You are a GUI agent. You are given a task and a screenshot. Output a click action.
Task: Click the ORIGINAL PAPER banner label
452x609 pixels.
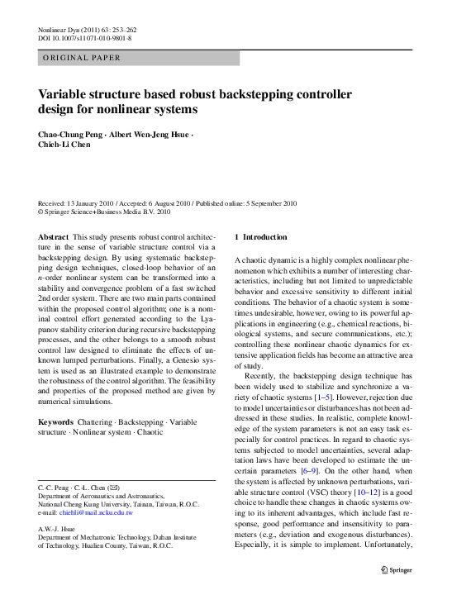(x=80, y=58)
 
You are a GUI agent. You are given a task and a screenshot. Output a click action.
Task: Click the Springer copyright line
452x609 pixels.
(x=105, y=212)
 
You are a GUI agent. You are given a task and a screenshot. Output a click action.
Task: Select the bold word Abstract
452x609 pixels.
(x=54, y=237)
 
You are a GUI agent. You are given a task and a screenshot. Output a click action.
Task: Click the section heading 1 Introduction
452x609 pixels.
(x=262, y=237)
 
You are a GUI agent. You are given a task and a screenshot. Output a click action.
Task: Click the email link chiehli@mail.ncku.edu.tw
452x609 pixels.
(x=97, y=512)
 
